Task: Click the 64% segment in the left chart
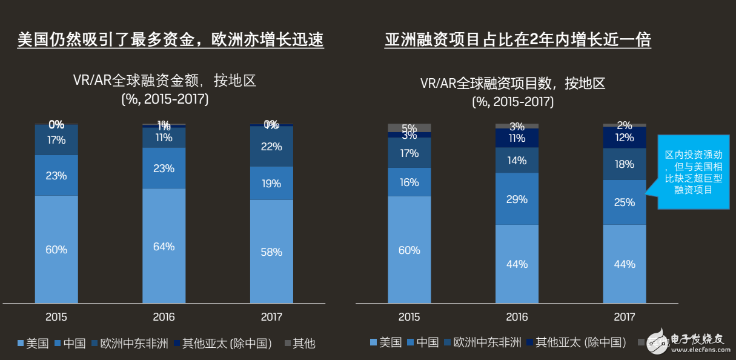coord(164,246)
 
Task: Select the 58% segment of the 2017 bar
coord(271,251)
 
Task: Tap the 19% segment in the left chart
coord(271,183)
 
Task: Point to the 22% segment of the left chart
coord(271,147)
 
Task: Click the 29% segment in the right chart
coord(517,199)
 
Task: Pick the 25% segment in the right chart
coord(624,202)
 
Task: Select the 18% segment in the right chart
coord(624,164)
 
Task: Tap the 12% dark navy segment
coord(624,138)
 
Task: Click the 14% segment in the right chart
coord(517,161)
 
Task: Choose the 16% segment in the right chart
coord(409,182)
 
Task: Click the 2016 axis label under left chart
coord(164,317)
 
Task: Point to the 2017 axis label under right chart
coord(624,317)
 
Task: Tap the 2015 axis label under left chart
coord(56,317)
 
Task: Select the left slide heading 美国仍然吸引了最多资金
coord(170,41)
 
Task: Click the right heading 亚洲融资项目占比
coord(518,41)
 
